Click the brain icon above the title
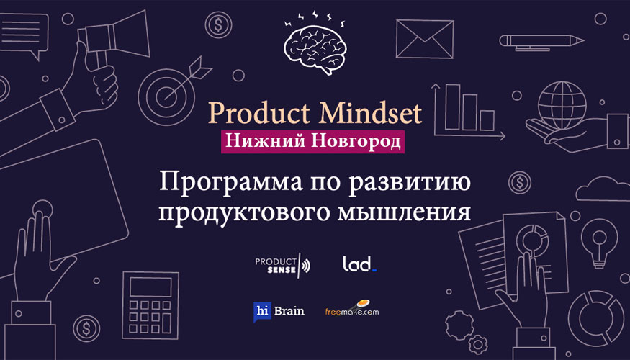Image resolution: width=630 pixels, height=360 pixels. click(315, 48)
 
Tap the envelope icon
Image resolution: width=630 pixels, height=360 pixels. click(425, 39)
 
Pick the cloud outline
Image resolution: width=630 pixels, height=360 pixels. click(603, 189)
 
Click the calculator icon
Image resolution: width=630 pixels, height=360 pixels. click(150, 305)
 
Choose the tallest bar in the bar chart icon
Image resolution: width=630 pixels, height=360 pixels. click(452, 107)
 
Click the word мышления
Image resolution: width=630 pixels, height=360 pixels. click(404, 212)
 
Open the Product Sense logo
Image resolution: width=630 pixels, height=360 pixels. click(283, 265)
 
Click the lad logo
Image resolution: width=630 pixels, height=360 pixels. click(359, 264)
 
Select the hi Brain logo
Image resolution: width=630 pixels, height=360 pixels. click(279, 311)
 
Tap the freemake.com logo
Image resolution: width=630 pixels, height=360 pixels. click(352, 309)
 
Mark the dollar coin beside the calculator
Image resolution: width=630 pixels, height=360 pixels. click(86, 328)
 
